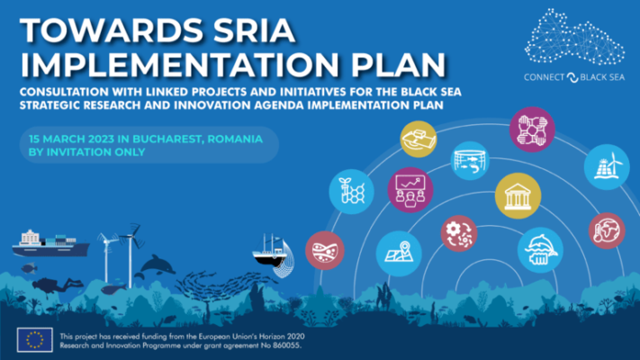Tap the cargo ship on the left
coord(50,240)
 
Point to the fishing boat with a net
coord(270,253)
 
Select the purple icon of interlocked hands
coord(531,130)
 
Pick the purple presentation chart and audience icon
coord(410,190)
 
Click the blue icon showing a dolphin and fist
coord(539,250)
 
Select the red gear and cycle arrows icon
coord(459,234)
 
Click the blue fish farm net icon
coord(470,161)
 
